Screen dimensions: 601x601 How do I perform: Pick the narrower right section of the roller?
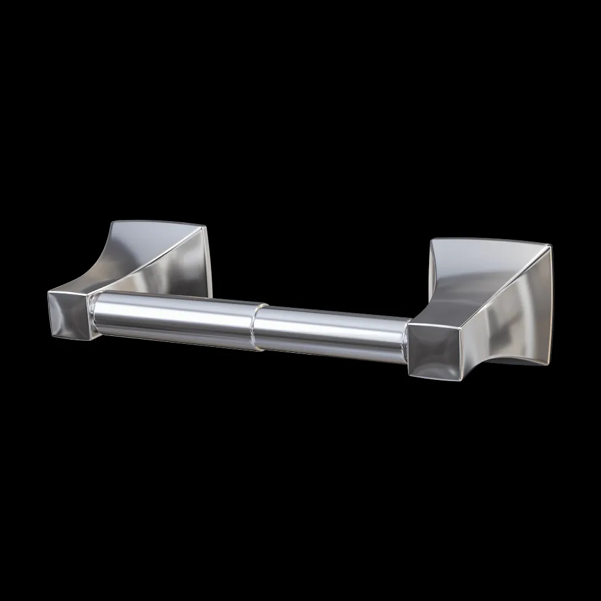pos(331,334)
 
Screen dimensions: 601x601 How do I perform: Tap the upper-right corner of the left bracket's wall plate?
pos(206,227)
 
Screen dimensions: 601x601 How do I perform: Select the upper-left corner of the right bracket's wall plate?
pos(432,240)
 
